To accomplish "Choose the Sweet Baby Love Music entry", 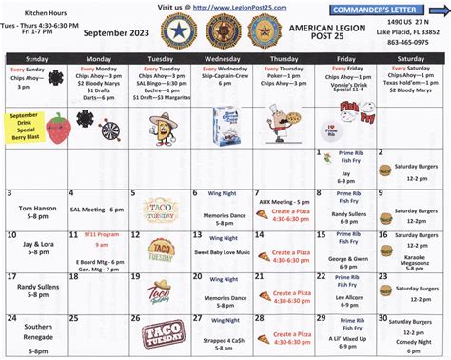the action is [223, 252].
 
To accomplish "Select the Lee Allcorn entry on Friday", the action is [350, 298].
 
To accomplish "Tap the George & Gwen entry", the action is [350, 258].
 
